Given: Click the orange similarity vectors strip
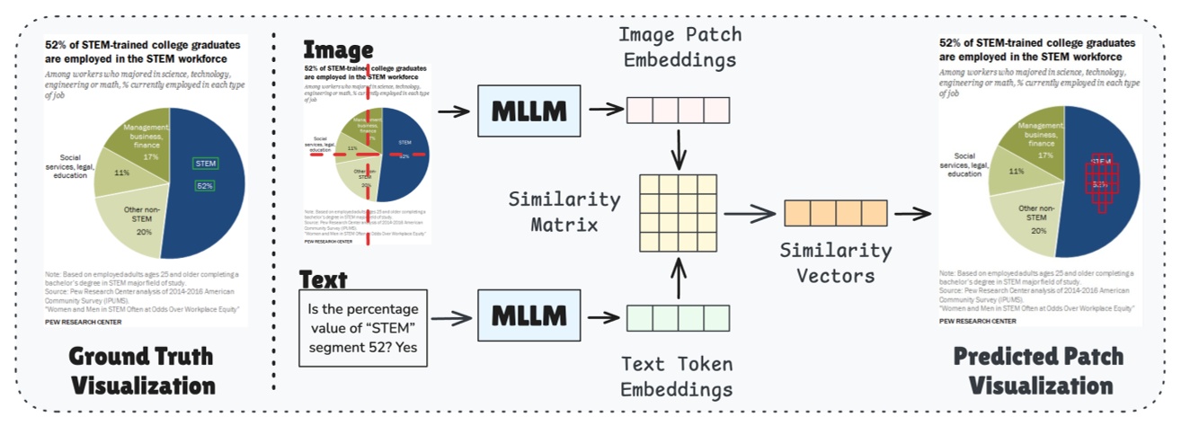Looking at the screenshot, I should coord(836,213).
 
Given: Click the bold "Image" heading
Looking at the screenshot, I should coord(338,50).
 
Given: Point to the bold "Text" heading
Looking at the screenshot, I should coord(323,279).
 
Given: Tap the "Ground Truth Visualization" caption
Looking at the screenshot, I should coord(144,370).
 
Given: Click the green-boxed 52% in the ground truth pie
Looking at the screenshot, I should coord(205,186).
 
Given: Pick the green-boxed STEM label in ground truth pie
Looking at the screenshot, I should coord(205,164).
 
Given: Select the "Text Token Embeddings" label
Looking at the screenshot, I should coord(677,377).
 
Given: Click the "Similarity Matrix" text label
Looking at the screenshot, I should coord(564,212).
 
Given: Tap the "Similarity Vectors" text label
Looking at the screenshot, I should coord(836,263).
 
